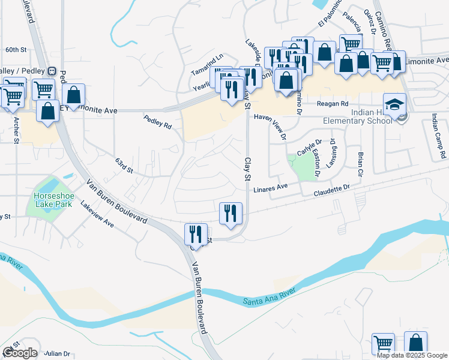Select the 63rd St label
pyautogui.click(x=124, y=164)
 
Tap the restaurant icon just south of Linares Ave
pyautogui.click(x=231, y=212)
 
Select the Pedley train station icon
pyautogui.click(x=52, y=71)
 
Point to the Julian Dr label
pyautogui.click(x=58, y=353)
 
